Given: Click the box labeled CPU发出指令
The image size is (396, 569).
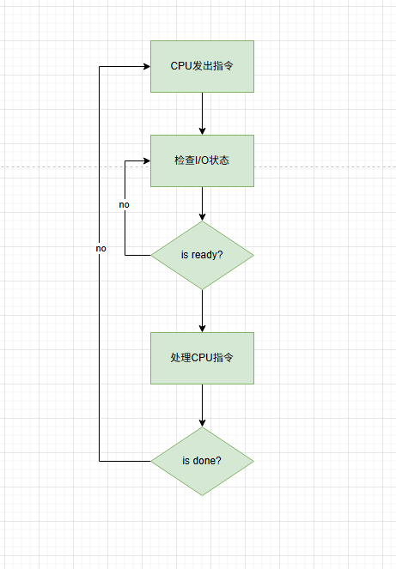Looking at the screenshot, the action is point(202,66).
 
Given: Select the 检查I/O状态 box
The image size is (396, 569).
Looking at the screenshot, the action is point(202,160).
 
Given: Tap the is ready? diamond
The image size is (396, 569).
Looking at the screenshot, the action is point(202,255).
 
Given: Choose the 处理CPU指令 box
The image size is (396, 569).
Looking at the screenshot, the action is point(202,358).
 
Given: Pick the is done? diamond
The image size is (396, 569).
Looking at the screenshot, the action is point(202,461).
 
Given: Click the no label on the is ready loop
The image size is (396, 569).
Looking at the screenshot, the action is point(125,204).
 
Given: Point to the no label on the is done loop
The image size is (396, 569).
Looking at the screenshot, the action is point(101,248).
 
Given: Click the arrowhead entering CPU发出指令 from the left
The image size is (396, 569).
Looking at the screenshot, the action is point(147,66).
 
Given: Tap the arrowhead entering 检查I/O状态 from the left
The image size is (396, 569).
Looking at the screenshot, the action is point(147,160).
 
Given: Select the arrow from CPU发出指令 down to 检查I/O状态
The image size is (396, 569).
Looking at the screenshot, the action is point(203,113).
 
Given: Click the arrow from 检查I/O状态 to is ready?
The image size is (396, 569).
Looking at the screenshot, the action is point(203,203).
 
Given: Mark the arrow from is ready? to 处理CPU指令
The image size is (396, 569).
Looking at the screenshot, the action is point(203,311).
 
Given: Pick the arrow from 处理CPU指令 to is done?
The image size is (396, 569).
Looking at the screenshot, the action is point(203,405).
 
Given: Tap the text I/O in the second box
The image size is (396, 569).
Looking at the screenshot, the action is point(203,160).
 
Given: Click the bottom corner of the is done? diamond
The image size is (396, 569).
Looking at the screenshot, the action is point(203,496).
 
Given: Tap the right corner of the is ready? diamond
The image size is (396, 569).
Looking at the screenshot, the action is point(253,255).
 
